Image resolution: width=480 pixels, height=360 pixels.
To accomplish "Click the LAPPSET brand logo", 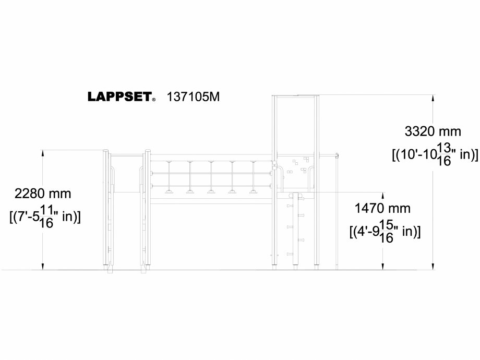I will [x=119, y=97].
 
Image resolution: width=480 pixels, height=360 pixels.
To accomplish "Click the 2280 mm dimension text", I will [x=43, y=194].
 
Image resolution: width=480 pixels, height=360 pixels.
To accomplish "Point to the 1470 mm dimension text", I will [x=382, y=209].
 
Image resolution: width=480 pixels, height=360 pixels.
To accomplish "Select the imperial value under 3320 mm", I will [x=434, y=155].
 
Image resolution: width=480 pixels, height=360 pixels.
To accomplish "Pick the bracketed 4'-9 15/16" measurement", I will [x=385, y=231].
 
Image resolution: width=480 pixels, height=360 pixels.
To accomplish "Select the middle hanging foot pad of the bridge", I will [x=211, y=191].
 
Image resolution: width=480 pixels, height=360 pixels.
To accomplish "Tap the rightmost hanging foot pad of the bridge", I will [x=253, y=191].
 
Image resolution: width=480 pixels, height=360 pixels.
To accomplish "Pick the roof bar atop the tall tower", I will [x=295, y=97].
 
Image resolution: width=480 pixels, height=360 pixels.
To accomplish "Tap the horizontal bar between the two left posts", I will [x=126, y=155].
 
